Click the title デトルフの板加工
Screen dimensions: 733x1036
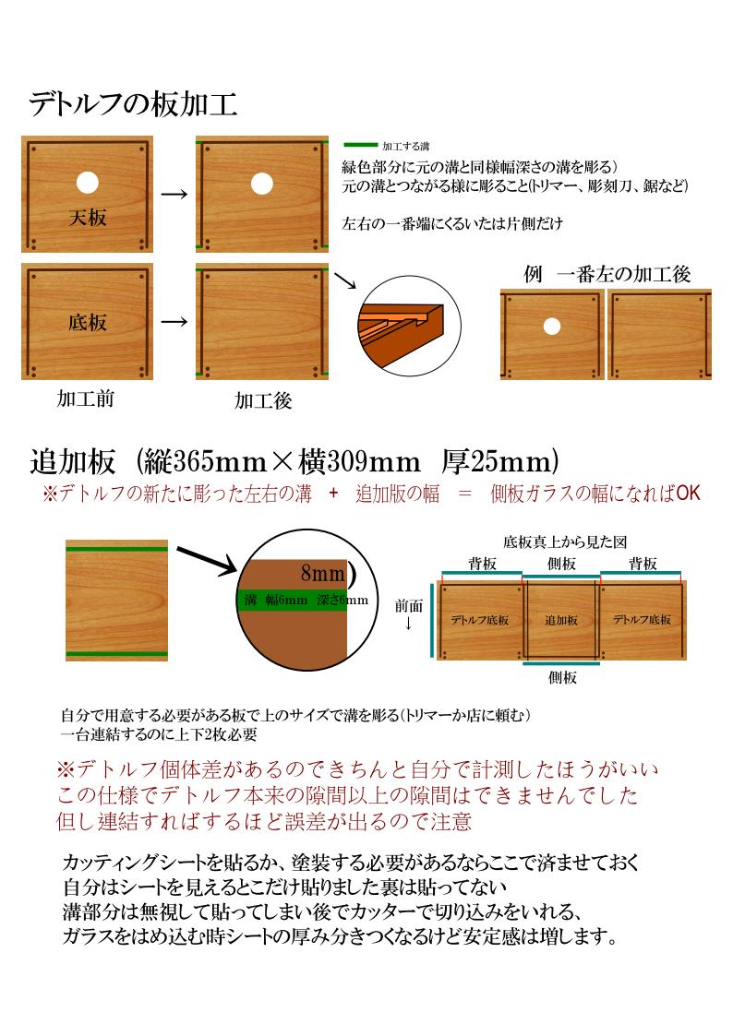133,104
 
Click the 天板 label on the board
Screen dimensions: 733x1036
88,218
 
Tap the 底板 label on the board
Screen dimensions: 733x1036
88,323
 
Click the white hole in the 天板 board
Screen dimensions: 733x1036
88,183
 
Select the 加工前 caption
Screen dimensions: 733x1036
85,399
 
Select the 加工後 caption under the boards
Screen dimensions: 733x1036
263,400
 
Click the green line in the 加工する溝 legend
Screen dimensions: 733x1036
361,145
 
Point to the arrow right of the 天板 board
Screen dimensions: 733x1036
174,195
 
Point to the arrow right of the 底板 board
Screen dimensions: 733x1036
174,322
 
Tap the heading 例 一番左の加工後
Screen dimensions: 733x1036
607,274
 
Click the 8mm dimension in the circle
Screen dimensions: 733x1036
322,572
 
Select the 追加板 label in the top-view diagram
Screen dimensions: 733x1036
561,620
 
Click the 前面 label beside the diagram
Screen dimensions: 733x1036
408,605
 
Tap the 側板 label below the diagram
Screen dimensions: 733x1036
562,677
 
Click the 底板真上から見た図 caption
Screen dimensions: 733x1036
565,542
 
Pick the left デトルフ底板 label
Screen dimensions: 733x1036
480,620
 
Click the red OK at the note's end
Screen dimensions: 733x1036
688,493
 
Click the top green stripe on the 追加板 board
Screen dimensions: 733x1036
116,546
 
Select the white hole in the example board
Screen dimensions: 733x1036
552,326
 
